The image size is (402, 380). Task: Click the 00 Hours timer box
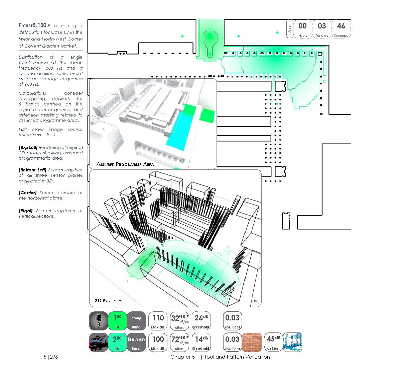(302, 29)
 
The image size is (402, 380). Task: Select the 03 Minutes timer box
(322, 29)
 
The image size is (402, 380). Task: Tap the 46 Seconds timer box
(341, 29)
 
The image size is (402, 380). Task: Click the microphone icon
(99, 321)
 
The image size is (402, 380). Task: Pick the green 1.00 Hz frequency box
(117, 321)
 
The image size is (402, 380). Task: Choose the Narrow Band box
(136, 321)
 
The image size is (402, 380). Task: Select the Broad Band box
(136, 343)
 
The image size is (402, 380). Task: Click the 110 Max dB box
(158, 321)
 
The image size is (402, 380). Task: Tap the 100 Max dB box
(158, 343)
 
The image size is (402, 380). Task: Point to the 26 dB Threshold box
(201, 321)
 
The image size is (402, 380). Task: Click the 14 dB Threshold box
(201, 343)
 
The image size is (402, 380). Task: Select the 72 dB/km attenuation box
(179, 343)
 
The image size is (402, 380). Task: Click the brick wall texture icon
(252, 342)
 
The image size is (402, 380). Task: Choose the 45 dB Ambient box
(273, 342)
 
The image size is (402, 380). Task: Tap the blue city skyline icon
(292, 342)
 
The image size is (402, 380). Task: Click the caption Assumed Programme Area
(125, 164)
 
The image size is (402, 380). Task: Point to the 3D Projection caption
(109, 301)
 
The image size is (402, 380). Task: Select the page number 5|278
(51, 357)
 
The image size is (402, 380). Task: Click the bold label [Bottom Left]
(32, 170)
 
